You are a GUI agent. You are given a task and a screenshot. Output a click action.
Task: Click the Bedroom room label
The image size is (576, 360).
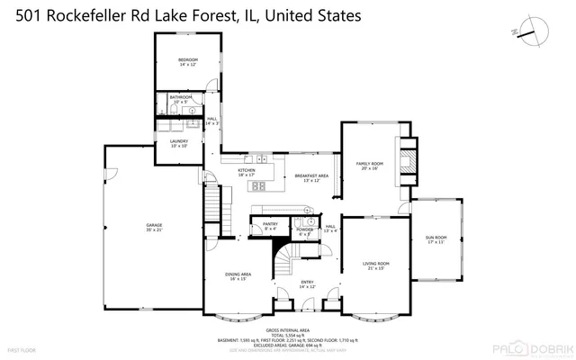click(x=187, y=61)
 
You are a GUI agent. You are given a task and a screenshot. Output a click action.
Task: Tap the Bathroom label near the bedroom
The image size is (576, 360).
click(x=181, y=98)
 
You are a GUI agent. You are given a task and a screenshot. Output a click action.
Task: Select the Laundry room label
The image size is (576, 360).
click(x=178, y=143)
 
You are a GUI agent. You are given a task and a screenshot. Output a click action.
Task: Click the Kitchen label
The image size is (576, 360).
click(x=247, y=171)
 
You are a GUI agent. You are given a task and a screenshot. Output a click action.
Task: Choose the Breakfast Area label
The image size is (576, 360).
click(x=311, y=177)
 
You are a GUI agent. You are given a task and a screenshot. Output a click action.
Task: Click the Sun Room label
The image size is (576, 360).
click(x=436, y=239)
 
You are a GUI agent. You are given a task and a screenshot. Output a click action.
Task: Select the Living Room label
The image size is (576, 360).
click(x=375, y=265)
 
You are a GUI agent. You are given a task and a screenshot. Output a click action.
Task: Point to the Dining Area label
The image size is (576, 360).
click(x=238, y=276)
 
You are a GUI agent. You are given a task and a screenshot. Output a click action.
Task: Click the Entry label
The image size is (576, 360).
click(x=307, y=283)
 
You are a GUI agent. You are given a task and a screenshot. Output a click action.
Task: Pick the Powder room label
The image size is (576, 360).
click(x=304, y=231)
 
